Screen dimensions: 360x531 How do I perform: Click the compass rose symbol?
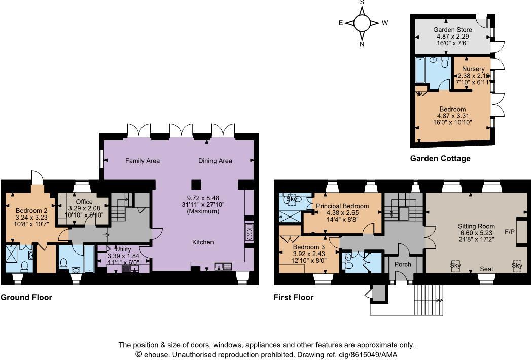coord(362,23)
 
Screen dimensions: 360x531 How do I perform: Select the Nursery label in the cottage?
coord(473,69)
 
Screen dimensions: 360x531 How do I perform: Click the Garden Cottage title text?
coord(440,159)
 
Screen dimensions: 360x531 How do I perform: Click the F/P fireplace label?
coord(509,232)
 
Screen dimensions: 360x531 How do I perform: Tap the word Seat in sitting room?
coord(486,269)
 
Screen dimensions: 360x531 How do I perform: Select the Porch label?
coord(403,265)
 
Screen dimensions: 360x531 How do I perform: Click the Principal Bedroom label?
coord(342,206)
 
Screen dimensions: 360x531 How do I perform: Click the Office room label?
coord(84,202)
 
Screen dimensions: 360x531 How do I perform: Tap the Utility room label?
coord(123,249)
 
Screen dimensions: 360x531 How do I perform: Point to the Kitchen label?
coord(203,242)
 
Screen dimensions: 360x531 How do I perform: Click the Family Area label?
coord(143,161)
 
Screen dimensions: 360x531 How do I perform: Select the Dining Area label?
coord(215,161)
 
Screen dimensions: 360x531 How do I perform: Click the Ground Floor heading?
coord(26,298)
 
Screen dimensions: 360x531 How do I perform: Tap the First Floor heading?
coord(293,298)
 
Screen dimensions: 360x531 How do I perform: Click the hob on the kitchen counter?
coord(249,231)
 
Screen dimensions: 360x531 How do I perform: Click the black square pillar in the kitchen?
coord(195,184)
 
